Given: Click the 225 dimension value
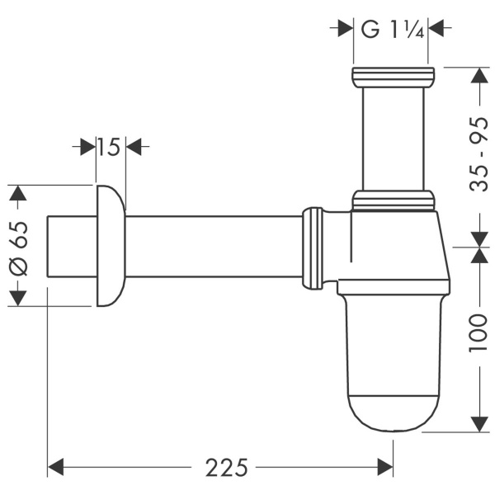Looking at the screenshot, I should [226, 468].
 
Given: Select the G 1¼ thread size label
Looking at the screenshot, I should [392, 29].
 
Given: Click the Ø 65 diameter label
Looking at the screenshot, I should [19, 245].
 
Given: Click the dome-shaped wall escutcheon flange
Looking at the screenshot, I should [111, 246].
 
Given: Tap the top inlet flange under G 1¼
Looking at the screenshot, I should [392, 77].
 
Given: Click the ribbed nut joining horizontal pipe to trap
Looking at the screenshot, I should [313, 247].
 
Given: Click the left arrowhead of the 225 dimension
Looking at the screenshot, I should [56, 468].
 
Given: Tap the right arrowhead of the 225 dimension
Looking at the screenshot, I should [385, 468].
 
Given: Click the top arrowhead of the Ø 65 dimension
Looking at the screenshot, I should [19, 194].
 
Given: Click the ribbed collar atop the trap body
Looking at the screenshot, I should [393, 200].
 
